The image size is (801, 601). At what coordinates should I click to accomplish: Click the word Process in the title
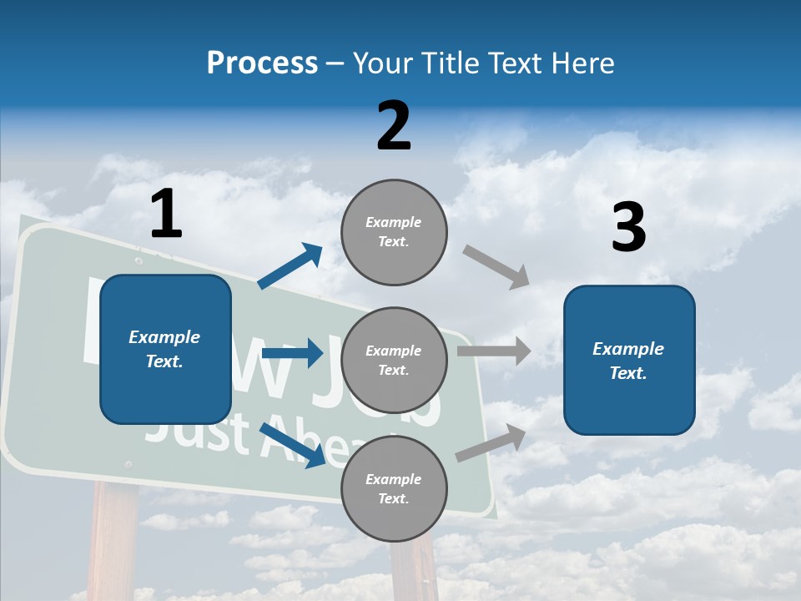point(262,63)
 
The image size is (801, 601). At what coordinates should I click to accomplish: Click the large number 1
point(166,215)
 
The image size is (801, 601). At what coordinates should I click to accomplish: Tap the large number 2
point(394,126)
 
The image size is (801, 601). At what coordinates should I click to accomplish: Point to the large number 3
point(628,228)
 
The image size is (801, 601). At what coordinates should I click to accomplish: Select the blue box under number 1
point(165,349)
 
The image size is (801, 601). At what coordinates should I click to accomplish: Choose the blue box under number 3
point(629,360)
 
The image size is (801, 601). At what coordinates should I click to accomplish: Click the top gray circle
point(394,232)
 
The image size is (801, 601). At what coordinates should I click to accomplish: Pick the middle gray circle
point(394,361)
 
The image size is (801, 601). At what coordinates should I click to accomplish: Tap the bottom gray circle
point(394,489)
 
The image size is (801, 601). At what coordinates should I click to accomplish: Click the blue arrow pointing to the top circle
point(290,266)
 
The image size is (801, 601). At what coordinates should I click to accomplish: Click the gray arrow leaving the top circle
point(496,267)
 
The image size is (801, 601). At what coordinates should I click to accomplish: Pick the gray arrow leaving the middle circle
point(494,351)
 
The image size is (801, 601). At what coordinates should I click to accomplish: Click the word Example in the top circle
point(394,223)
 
